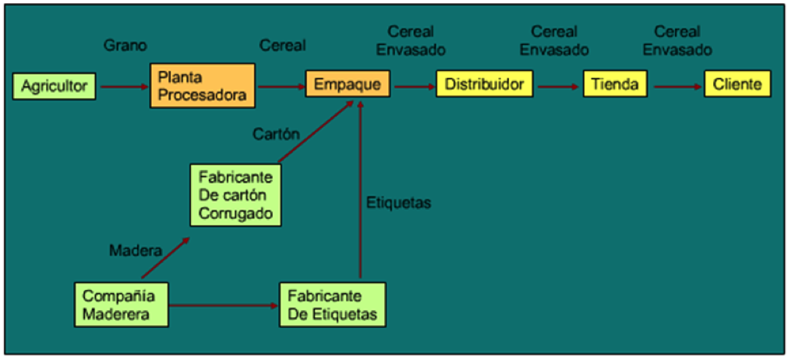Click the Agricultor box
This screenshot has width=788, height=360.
pyautogui.click(x=54, y=85)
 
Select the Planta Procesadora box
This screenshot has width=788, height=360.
pyautogui.click(x=202, y=86)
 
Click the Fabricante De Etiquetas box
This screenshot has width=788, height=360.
pyautogui.click(x=331, y=305)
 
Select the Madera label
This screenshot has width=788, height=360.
pyautogui.click(x=136, y=250)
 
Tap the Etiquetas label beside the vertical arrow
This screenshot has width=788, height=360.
pyautogui.click(x=398, y=203)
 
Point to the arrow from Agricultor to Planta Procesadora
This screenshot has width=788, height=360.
pyautogui.click(x=123, y=86)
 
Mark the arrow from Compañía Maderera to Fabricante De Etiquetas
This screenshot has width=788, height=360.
pyautogui.click(x=224, y=305)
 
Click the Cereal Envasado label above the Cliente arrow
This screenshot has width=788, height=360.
pyautogui.click(x=677, y=41)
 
